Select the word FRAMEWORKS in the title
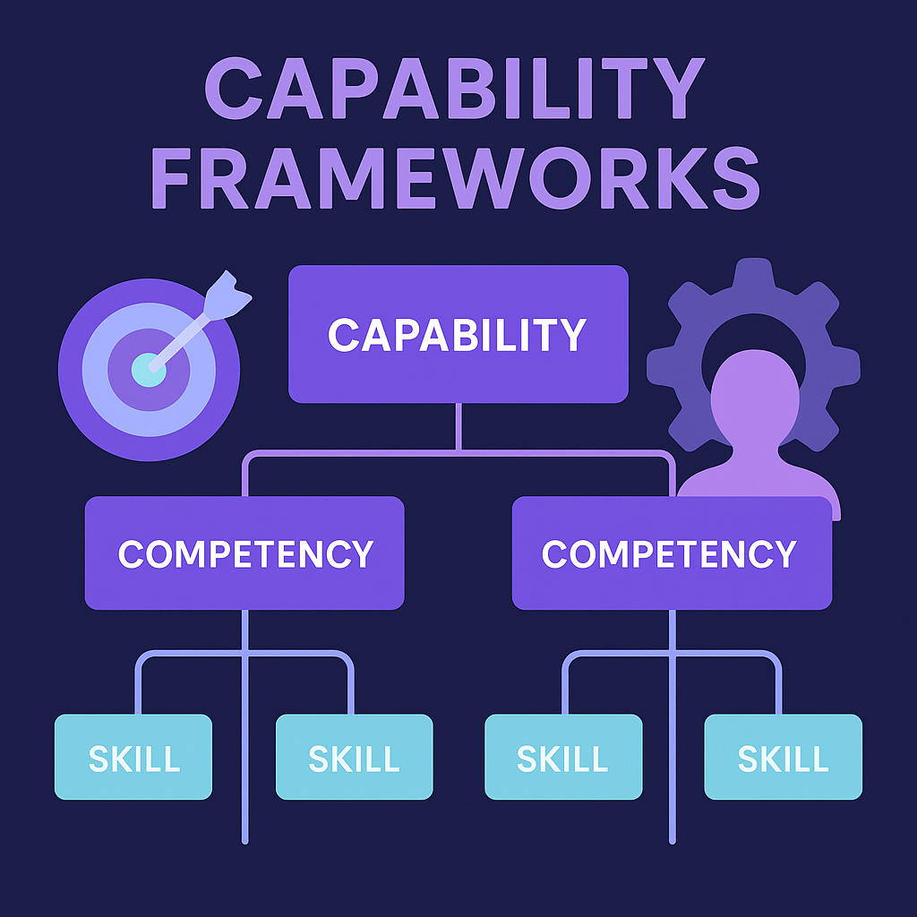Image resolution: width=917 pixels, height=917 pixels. pyautogui.click(x=458, y=178)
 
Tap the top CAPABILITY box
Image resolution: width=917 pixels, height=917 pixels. pyautogui.click(x=458, y=333)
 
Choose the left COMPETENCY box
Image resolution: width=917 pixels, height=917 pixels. pyautogui.click(x=244, y=553)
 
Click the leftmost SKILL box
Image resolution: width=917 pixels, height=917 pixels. pyautogui.click(x=133, y=757)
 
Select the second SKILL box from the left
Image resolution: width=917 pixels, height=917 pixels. pyautogui.click(x=354, y=757)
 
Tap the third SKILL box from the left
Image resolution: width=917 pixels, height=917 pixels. pyautogui.click(x=563, y=757)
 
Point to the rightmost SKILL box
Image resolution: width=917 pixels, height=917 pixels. pyautogui.click(x=783, y=757)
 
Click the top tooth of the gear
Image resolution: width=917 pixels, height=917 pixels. pyautogui.click(x=753, y=272)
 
